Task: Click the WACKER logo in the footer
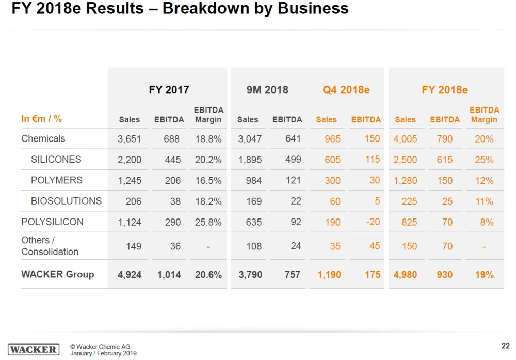[34, 349]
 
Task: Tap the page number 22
[506, 346]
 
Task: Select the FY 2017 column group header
[169, 90]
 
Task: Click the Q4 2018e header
[346, 90]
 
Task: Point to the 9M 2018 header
[267, 90]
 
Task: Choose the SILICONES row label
[56, 160]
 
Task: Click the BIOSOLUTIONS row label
[66, 201]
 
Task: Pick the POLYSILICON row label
[52, 222]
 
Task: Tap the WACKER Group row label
[57, 274]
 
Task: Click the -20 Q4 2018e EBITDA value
[372, 222]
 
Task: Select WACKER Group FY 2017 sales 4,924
[130, 275]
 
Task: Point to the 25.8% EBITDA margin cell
[208, 222]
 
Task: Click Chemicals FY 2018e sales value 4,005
[405, 139]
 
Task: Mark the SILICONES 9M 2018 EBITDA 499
[293, 160]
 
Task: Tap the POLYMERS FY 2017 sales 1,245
[129, 180]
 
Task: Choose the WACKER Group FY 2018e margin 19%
[484, 275]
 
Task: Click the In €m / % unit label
[41, 119]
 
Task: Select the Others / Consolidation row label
[50, 246]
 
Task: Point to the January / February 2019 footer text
[103, 353]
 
